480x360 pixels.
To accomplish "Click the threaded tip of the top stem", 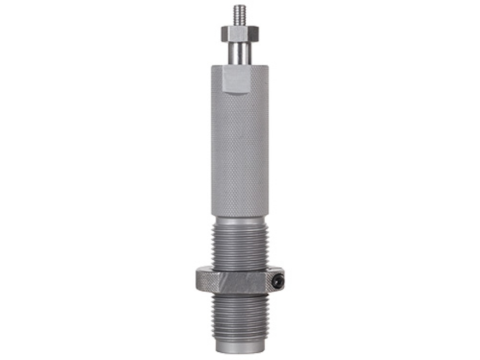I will point(239,16).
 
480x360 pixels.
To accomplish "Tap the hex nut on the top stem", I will point(239,34).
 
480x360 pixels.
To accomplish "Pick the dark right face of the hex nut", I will point(254,34).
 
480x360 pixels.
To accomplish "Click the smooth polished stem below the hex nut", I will point(239,53).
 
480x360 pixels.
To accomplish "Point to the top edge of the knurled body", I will point(239,66).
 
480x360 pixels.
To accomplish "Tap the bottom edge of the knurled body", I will point(239,216).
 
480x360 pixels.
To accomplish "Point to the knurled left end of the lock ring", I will point(201,281).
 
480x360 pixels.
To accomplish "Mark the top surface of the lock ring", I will point(240,270).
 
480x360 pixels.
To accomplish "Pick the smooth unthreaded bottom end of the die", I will point(240,345).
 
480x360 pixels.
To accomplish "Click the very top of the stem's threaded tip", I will point(239,7).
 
